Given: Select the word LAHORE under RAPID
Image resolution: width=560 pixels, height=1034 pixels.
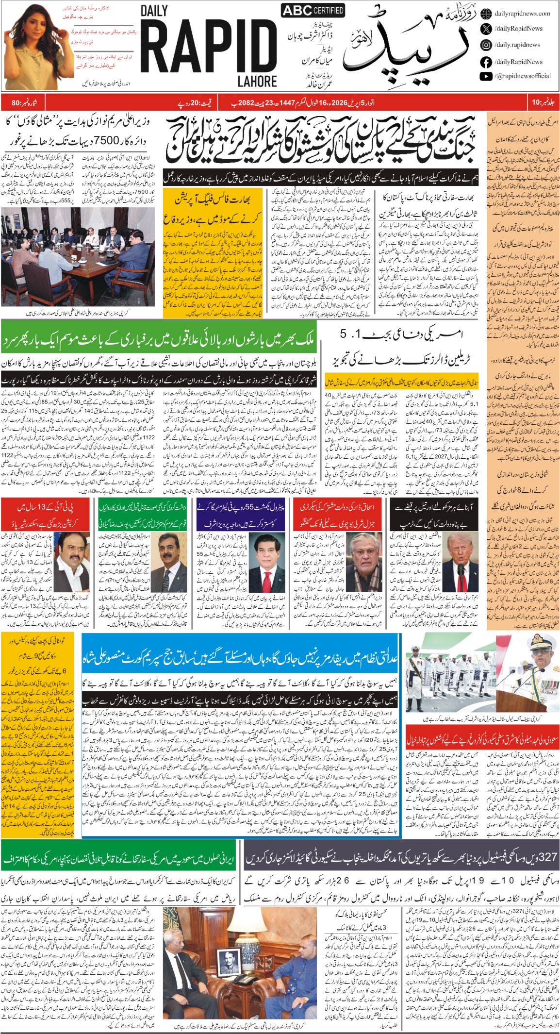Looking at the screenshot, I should tap(257, 82).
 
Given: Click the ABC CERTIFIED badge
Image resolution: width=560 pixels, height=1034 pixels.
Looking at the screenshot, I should tap(313, 10).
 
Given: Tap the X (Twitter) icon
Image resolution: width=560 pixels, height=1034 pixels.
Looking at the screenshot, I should tap(486, 29).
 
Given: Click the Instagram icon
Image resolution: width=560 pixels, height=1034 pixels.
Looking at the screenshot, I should tap(486, 45).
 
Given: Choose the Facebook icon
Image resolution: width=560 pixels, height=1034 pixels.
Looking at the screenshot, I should tap(486, 62).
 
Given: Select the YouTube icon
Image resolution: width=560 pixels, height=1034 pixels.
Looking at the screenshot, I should tap(486, 76).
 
